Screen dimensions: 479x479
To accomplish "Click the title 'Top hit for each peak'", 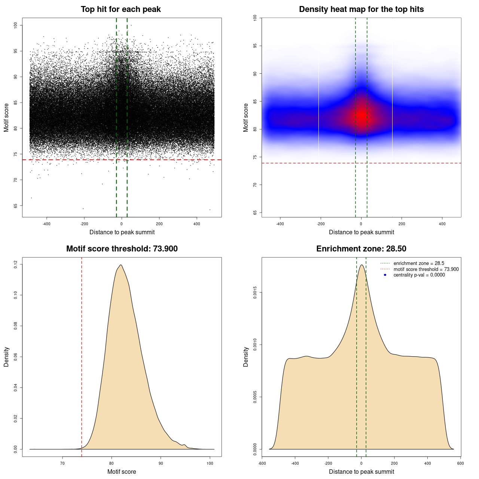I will click(121, 9).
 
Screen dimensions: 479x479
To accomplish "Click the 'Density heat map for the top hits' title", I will click(361, 9).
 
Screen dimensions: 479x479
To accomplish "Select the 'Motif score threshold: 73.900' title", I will click(122, 249).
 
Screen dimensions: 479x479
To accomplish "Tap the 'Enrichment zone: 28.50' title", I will click(361, 249).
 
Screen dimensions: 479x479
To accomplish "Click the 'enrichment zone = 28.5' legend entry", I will click(419, 263).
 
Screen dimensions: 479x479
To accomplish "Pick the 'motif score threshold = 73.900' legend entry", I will click(426, 269).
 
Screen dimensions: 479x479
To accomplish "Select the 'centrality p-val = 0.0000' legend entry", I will click(419, 275).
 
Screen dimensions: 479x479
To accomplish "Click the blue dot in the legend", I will click(385, 275).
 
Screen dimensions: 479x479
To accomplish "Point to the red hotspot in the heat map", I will click(361, 115).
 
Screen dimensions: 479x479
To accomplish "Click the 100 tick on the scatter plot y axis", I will click(15, 25).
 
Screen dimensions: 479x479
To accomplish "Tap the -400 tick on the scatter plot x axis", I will click(47, 224).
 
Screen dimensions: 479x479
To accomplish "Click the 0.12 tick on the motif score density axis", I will click(15, 265).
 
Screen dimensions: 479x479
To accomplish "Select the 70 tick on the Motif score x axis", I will click(62, 463).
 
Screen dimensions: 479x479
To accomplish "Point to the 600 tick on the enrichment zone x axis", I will click(460, 463).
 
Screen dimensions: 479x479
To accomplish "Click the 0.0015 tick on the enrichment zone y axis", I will click(255, 293).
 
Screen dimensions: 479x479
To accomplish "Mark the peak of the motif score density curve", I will click(120, 265).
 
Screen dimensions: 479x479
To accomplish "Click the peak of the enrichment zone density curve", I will click(361, 265).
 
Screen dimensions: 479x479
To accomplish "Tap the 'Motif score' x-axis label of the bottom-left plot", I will click(122, 472).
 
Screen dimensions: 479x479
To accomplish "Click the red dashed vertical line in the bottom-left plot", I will click(82, 356).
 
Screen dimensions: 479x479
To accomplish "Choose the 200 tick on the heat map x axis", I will click(402, 224).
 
